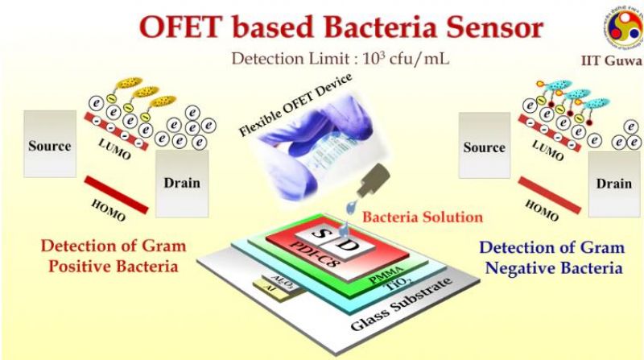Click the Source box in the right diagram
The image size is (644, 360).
click(484, 147)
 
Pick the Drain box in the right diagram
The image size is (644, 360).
click(613, 183)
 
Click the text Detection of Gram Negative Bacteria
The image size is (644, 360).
click(548, 259)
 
